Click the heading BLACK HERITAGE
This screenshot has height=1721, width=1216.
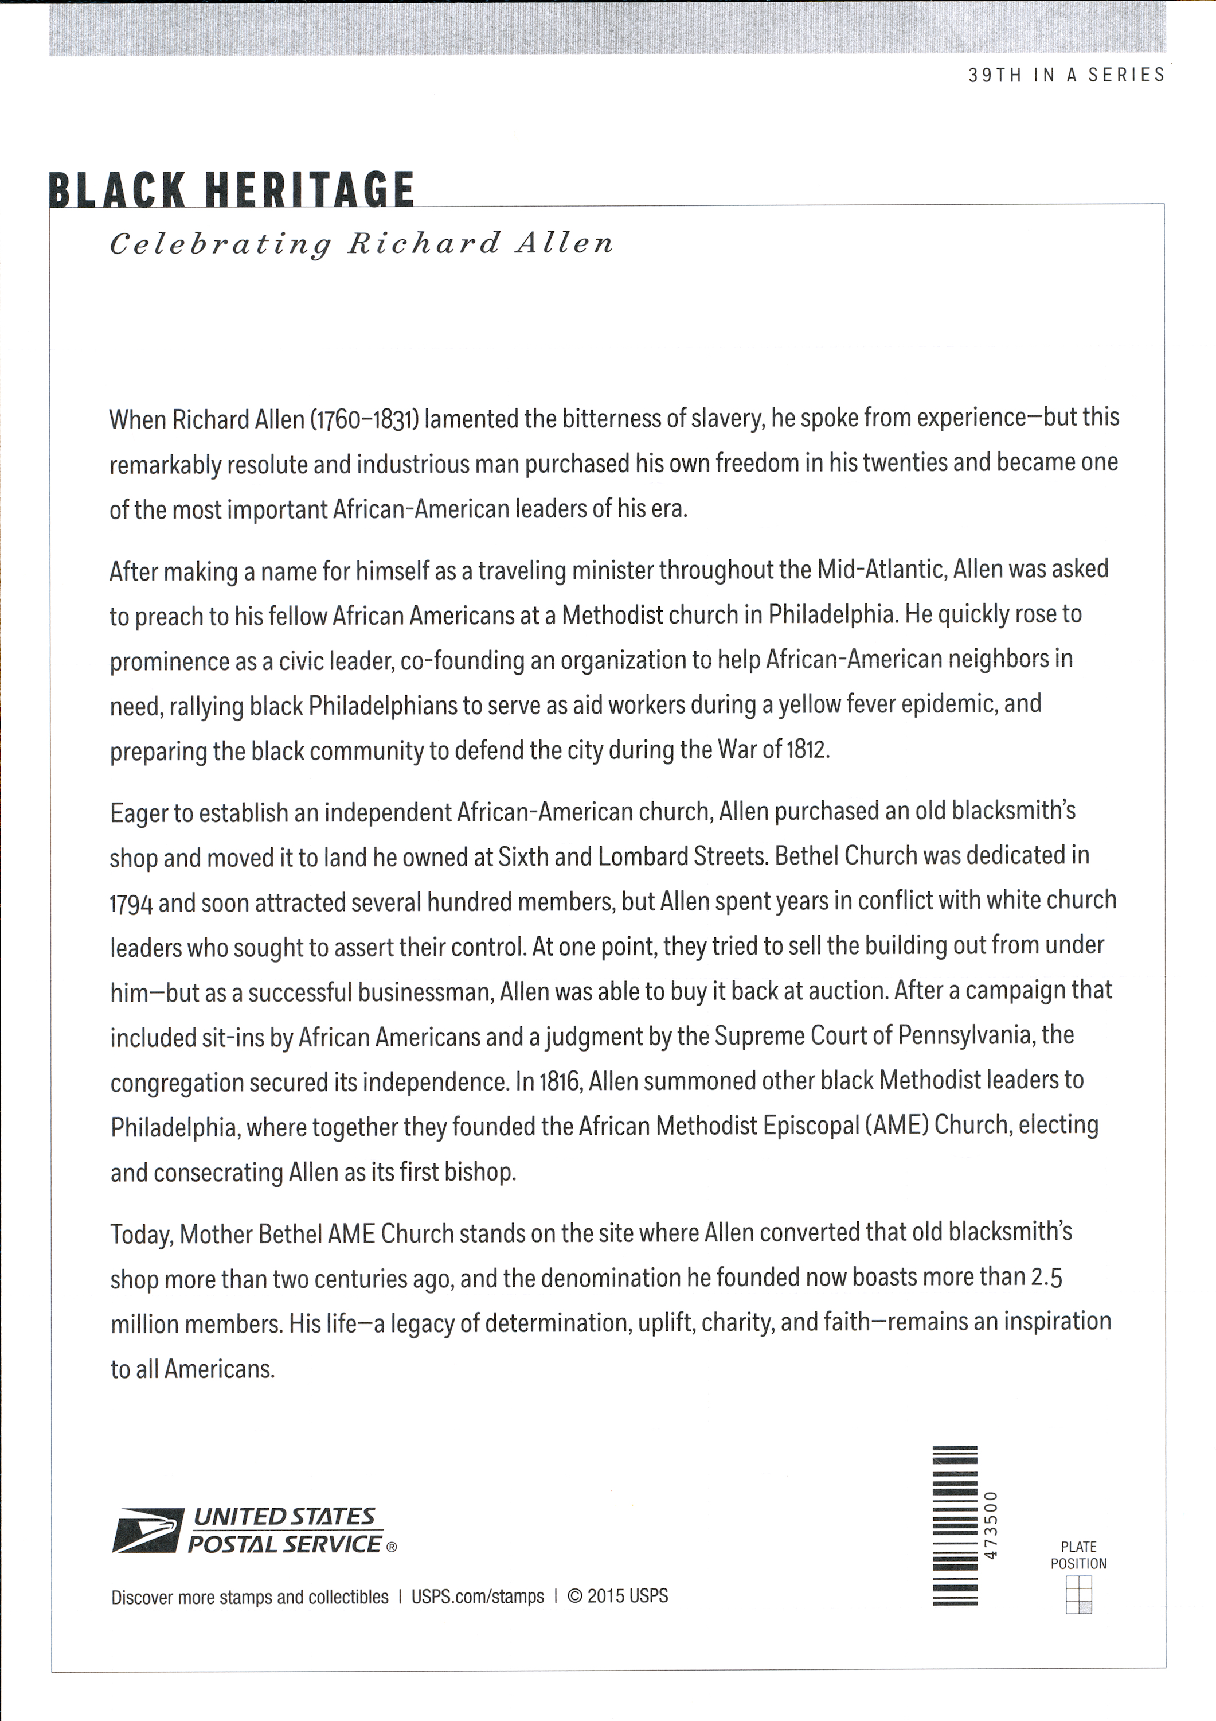[232, 190]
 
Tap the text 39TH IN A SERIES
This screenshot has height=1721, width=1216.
[1066, 75]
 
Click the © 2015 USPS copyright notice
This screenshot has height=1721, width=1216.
[617, 1596]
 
